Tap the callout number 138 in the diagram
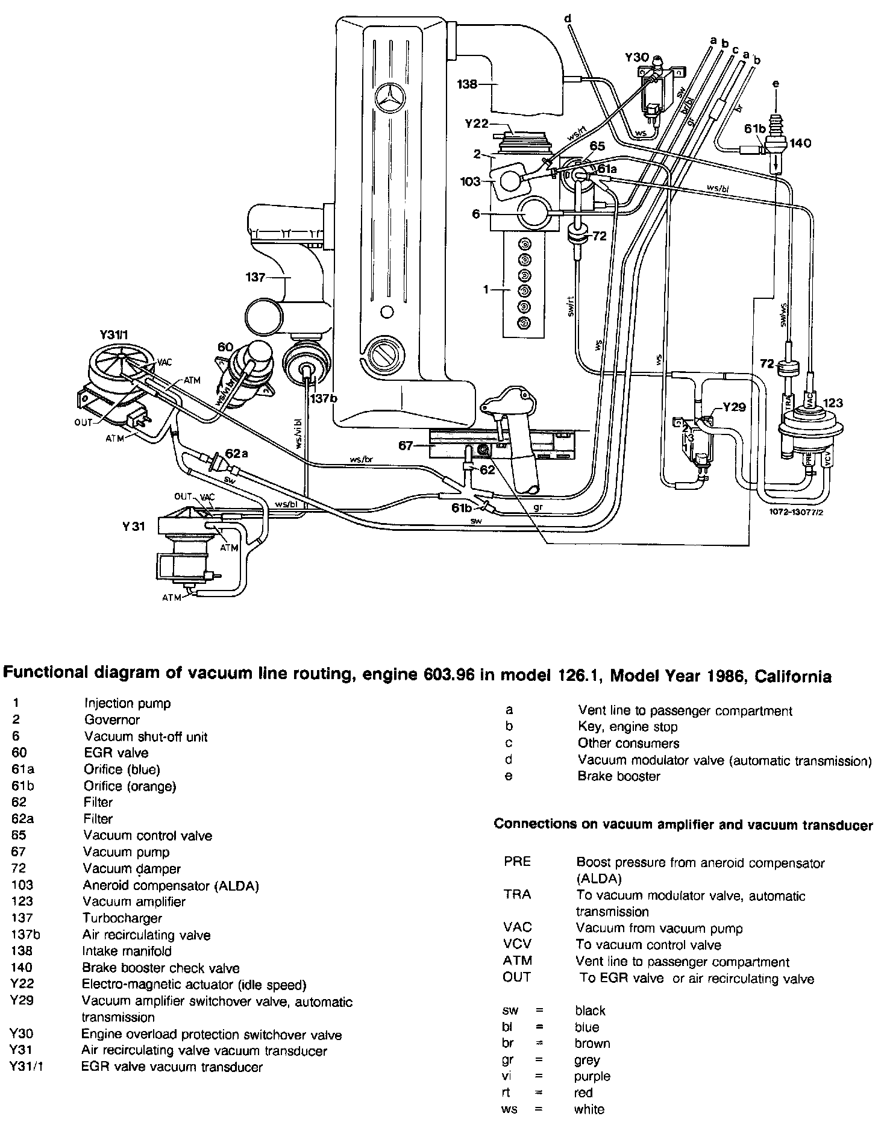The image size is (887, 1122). click(x=467, y=84)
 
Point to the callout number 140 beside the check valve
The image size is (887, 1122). click(x=801, y=143)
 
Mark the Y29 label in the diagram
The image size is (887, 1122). click(x=735, y=407)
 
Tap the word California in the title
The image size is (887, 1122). click(x=782, y=677)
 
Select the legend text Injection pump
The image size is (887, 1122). click(x=127, y=703)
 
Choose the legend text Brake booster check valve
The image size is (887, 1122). click(x=161, y=968)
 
